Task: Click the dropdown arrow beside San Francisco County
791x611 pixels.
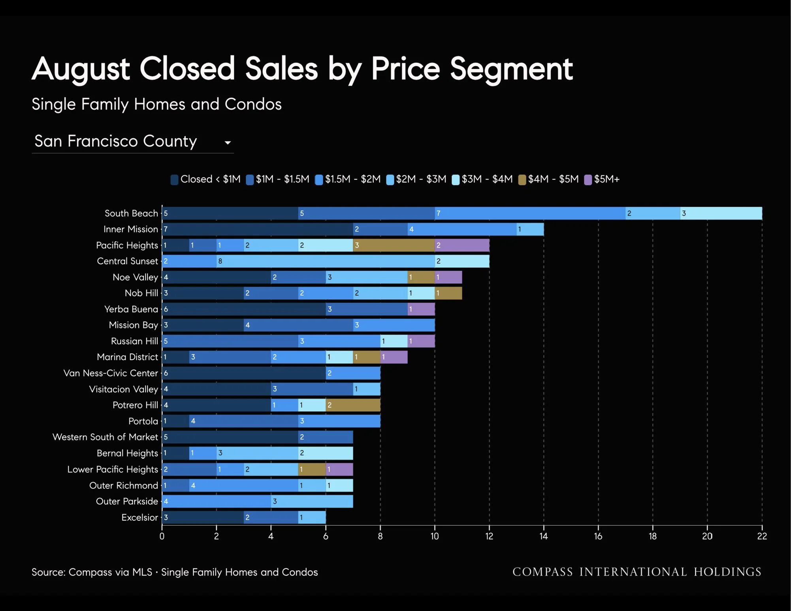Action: pyautogui.click(x=228, y=143)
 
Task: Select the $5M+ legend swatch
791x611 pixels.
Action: pyautogui.click(x=588, y=180)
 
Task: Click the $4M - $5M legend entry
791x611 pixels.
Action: pyautogui.click(x=548, y=179)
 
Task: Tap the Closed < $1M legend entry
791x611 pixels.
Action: pyautogui.click(x=205, y=179)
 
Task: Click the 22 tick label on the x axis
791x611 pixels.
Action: pyautogui.click(x=762, y=536)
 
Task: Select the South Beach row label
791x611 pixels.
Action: pyautogui.click(x=131, y=213)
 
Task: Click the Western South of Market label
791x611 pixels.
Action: pyautogui.click(x=105, y=437)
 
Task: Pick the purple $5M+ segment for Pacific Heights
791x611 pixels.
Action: pyautogui.click(x=462, y=245)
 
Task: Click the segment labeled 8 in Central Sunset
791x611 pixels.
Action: pyautogui.click(x=326, y=261)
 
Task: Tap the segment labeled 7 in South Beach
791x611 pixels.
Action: pyautogui.click(x=530, y=213)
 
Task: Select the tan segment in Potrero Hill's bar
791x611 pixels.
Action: pyautogui.click(x=353, y=405)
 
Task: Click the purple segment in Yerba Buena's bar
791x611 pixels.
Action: pyautogui.click(x=421, y=309)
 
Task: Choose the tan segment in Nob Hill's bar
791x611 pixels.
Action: pyautogui.click(x=448, y=293)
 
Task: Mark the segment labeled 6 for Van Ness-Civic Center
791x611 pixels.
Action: pyautogui.click(x=244, y=373)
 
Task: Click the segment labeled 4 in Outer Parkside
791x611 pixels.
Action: pyautogui.click(x=217, y=501)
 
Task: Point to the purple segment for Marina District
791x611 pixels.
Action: pyautogui.click(x=394, y=357)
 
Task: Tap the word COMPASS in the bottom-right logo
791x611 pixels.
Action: pyautogui.click(x=542, y=572)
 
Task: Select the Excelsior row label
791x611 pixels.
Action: pyautogui.click(x=139, y=517)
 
